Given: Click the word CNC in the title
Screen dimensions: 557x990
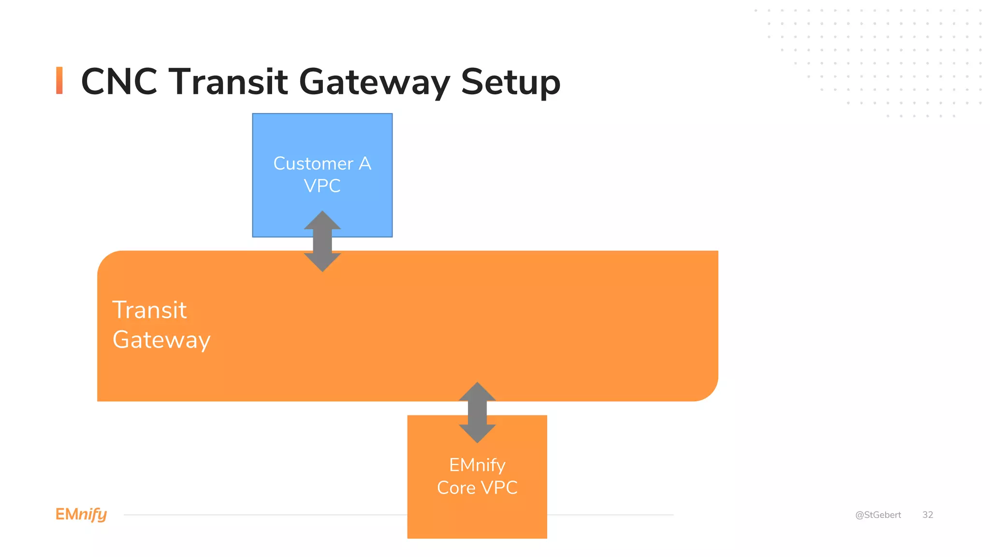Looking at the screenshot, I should [x=119, y=82].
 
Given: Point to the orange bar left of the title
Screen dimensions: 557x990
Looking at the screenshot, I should [x=59, y=80].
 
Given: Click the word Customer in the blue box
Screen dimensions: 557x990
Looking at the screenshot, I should [x=313, y=163].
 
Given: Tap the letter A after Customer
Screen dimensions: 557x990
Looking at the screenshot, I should [x=365, y=163].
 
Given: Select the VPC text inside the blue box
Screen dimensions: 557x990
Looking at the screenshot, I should [x=322, y=186].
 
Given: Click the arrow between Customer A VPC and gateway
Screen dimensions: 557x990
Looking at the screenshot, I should [x=322, y=241].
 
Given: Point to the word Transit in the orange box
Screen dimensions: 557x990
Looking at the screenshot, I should [x=149, y=310].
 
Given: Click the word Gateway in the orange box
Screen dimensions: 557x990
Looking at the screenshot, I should [x=161, y=340].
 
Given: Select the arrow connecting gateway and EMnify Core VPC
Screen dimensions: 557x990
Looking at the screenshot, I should [x=477, y=412].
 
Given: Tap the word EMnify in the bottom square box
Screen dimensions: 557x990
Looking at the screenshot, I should [x=477, y=465].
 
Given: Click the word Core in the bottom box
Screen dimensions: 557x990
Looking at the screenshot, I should [x=456, y=488].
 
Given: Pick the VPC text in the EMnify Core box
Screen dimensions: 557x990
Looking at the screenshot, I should [x=499, y=488].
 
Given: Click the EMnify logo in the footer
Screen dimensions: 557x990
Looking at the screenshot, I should [x=81, y=514].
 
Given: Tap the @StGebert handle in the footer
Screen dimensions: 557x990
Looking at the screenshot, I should [x=878, y=515].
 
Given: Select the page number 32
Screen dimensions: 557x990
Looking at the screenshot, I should [x=928, y=515].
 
